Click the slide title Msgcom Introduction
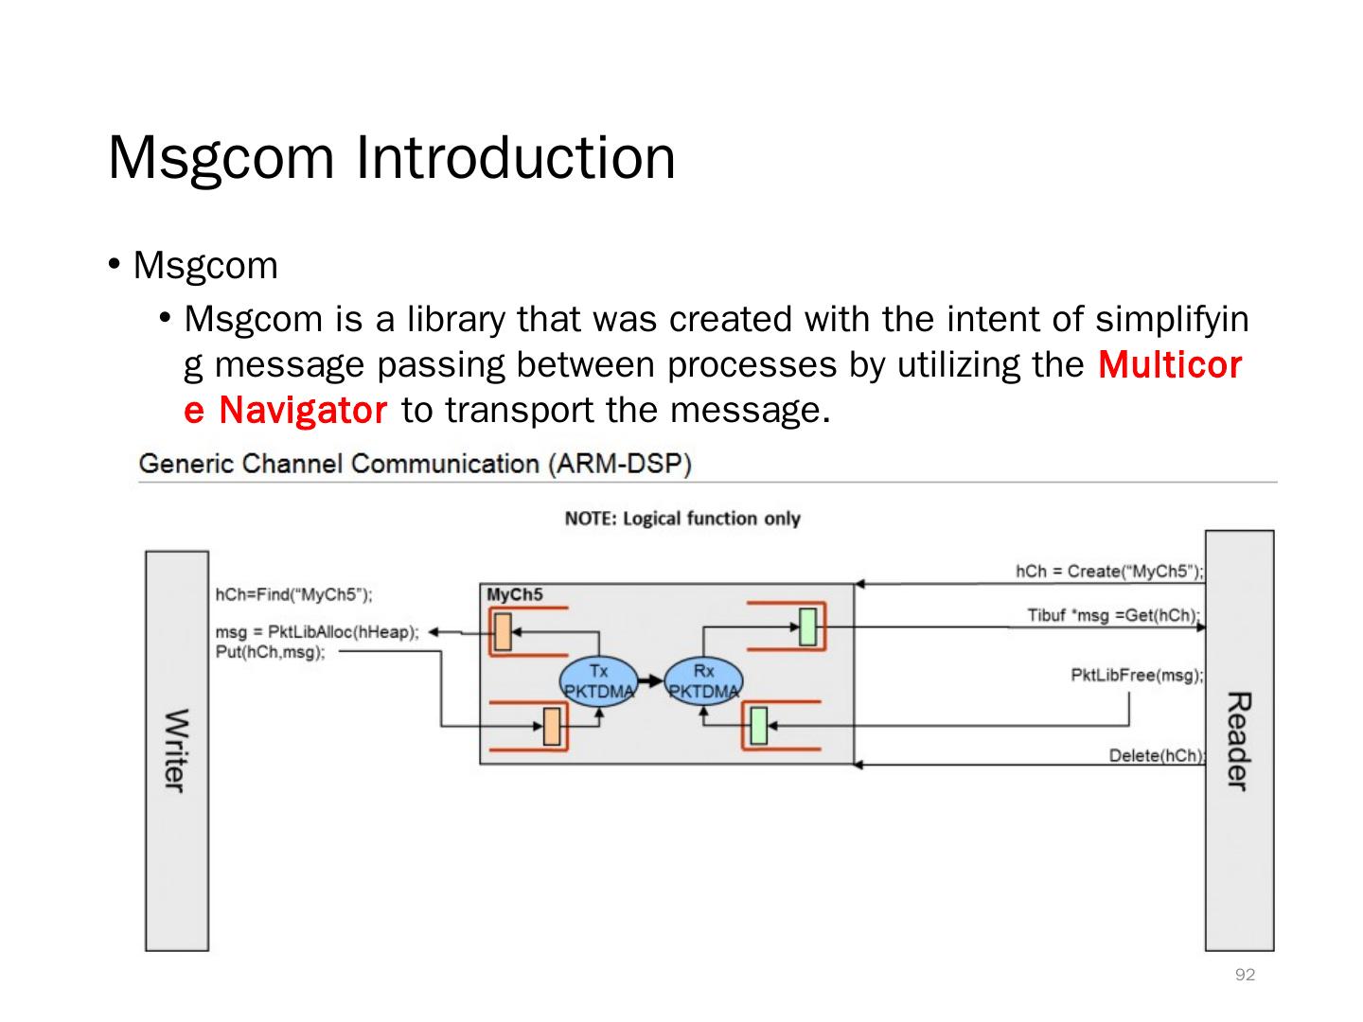click(392, 157)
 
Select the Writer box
click(176, 749)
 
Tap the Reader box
click(1239, 740)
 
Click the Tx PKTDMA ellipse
click(598, 681)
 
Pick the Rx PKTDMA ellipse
click(703, 681)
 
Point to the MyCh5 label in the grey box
click(515, 595)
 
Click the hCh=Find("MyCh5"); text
click(294, 595)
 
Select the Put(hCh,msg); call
click(271, 652)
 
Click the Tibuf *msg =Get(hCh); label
click(1114, 615)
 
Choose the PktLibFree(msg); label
click(1137, 675)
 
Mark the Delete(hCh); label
click(1156, 755)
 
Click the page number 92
click(1245, 975)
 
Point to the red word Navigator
click(302, 411)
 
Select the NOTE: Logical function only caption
click(682, 519)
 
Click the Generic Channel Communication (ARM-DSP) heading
click(415, 465)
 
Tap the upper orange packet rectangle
click(503, 631)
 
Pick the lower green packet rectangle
click(758, 726)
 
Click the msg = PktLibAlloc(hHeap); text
click(317, 631)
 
